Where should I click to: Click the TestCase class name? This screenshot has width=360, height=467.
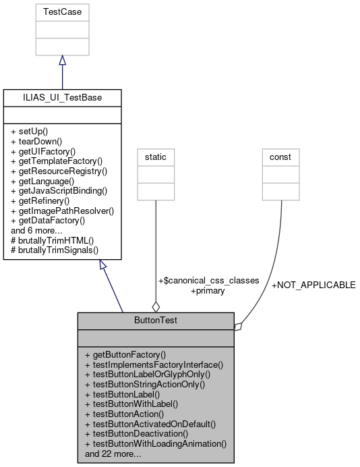click(62, 12)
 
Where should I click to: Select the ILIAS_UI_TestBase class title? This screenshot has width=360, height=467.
click(62, 98)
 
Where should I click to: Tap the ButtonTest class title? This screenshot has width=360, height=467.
click(156, 321)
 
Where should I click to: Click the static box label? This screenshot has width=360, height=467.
click(156, 157)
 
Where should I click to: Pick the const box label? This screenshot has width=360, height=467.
click(280, 157)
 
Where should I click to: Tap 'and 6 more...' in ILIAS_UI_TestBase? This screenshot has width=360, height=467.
click(36, 230)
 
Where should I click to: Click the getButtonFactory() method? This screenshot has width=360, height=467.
click(125, 354)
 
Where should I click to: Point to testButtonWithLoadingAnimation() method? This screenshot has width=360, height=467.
click(155, 444)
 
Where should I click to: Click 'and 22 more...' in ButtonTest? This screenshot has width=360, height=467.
click(113, 454)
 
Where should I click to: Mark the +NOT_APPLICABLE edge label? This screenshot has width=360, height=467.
click(313, 285)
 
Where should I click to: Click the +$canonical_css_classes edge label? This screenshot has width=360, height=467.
click(208, 281)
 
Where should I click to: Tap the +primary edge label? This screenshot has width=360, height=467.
click(208, 291)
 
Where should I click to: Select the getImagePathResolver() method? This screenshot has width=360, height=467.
click(62, 211)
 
